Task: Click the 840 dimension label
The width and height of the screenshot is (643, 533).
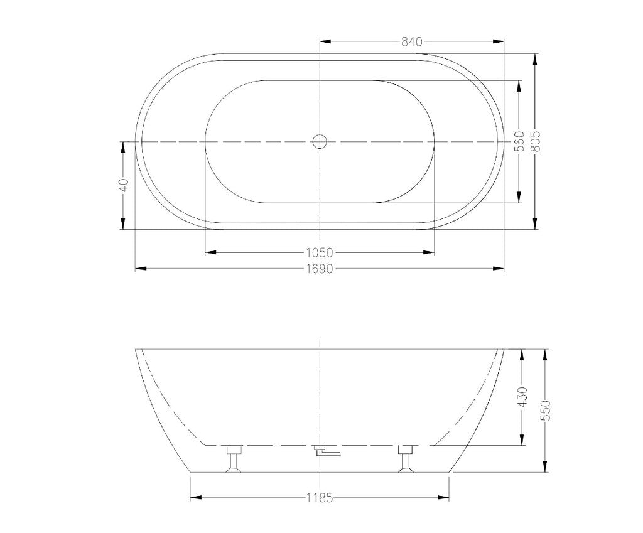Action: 411,42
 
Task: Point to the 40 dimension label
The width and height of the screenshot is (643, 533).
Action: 124,185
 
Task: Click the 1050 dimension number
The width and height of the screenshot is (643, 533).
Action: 319,252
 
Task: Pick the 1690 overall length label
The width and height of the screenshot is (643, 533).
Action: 319,269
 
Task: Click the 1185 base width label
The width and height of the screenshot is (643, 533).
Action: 319,498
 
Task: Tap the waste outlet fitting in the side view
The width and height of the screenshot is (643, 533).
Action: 327,451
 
